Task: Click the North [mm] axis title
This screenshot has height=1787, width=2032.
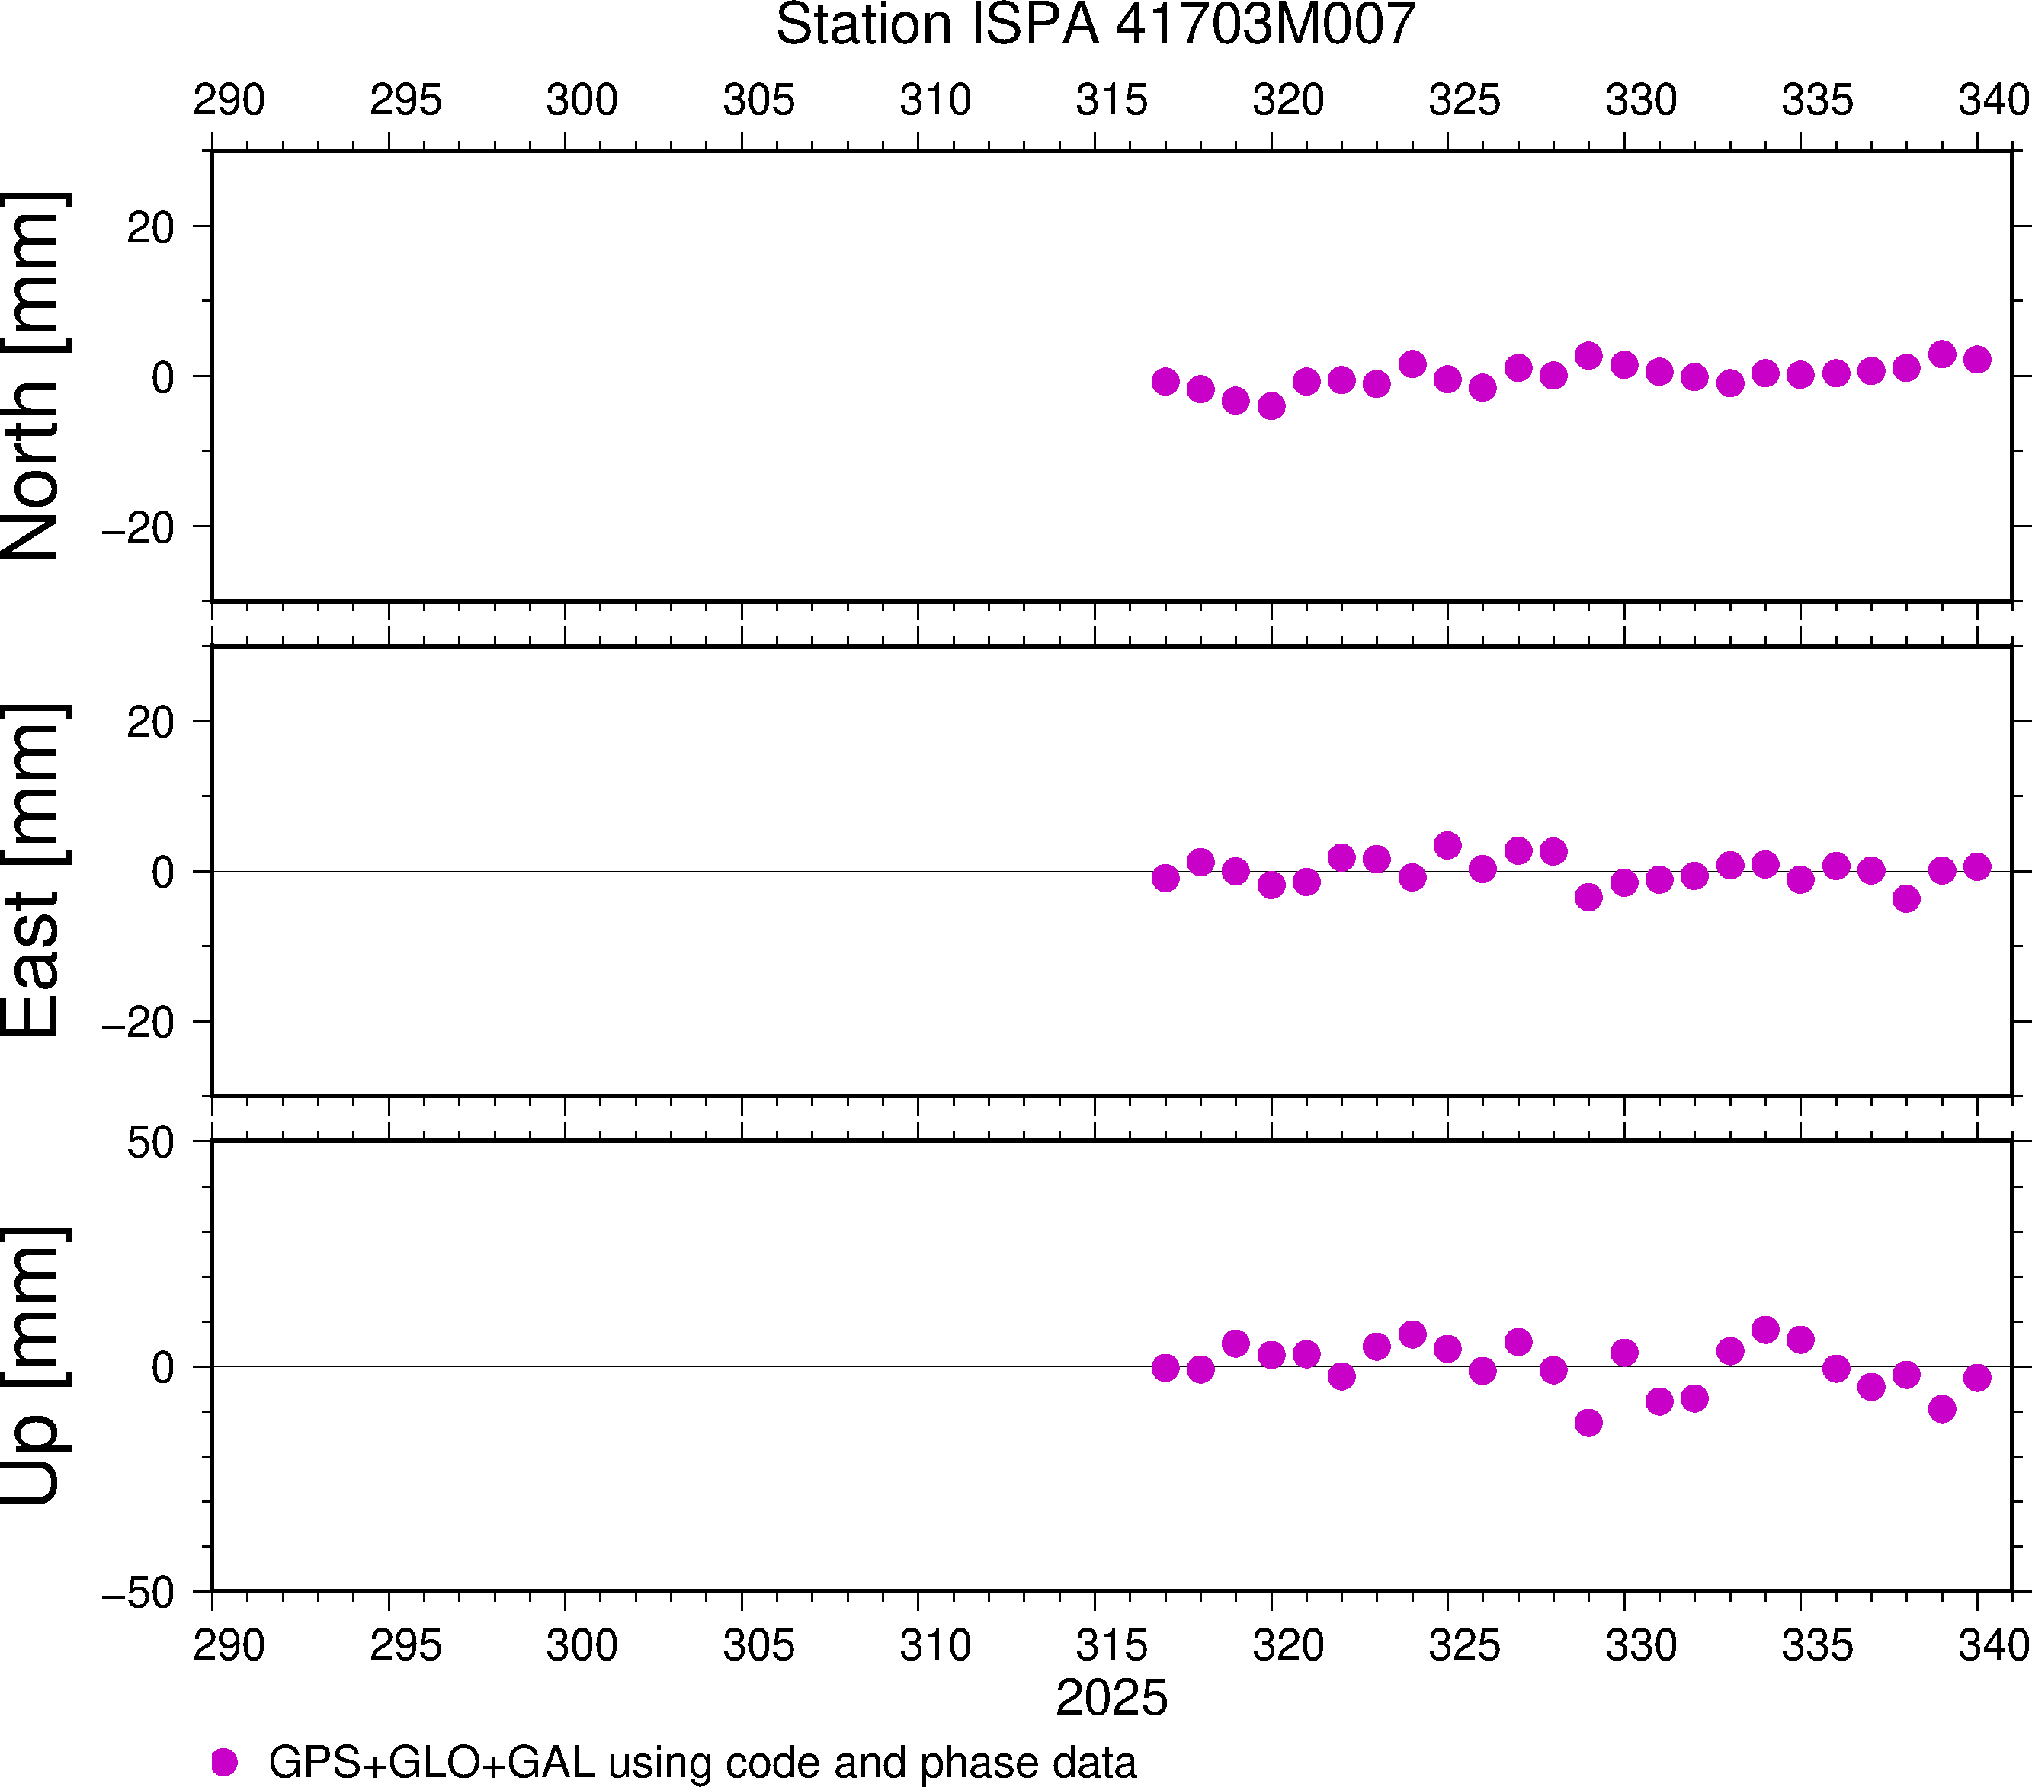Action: pos(34,376)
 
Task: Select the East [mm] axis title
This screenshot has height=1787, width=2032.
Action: pos(34,871)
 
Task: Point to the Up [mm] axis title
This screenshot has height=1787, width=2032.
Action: pos(34,1366)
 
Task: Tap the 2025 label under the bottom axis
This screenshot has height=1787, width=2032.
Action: pos(1111,1698)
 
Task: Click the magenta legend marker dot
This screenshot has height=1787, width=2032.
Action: pos(225,1762)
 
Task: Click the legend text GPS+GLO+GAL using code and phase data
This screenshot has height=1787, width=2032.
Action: pos(702,1762)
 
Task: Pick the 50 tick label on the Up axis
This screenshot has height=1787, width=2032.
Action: pos(150,1144)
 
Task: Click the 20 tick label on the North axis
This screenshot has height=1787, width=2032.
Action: pos(150,228)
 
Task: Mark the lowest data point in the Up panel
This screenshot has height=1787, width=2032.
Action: pos(1588,1422)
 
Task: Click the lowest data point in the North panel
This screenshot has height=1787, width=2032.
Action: pos(1271,405)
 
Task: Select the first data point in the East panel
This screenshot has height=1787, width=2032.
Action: pos(1165,879)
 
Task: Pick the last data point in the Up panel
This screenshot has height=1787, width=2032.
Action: pos(1977,1378)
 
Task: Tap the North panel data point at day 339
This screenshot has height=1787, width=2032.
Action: pos(1941,354)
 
